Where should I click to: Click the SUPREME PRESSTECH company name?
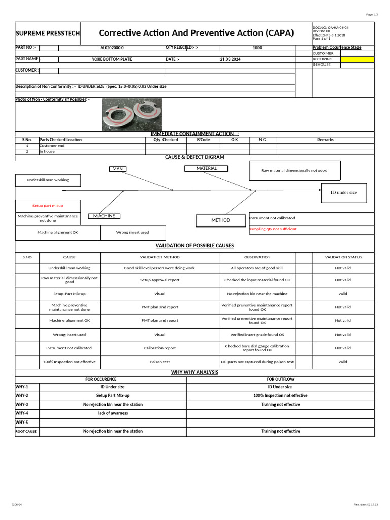pos(48,33)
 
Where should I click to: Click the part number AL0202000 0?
pos(112,48)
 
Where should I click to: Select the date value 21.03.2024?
pos(231,59)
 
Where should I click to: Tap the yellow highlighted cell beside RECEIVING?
pos(357,59)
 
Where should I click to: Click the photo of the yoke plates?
pos(132,114)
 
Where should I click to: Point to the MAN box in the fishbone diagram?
pos(118,169)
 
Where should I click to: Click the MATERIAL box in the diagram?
pos(206,168)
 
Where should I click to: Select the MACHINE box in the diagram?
pos(104,216)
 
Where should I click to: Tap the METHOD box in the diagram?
pos(221,220)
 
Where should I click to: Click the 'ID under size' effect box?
pos(344,193)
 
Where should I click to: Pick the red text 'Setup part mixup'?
pos(48,206)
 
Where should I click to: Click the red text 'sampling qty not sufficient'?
pos(273,229)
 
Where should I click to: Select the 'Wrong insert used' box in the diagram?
pos(133,233)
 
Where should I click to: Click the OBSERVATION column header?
pos(257,257)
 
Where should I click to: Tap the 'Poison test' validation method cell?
pos(159,362)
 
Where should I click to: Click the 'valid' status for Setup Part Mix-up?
pos(343,294)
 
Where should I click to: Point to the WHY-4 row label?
pos(22,413)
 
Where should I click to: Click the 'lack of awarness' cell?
pos(113,413)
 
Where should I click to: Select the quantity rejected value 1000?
pos(257,48)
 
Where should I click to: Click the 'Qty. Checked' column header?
pos(166,140)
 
